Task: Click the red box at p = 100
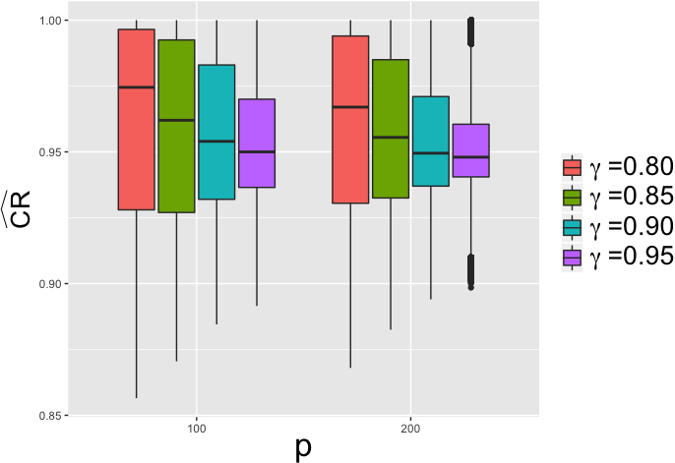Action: click(x=137, y=120)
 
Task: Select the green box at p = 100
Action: click(x=176, y=126)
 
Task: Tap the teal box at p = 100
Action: click(x=216, y=132)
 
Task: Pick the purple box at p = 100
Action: click(x=257, y=144)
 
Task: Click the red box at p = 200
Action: click(x=350, y=120)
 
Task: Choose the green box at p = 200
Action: click(x=391, y=129)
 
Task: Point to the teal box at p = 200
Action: click(x=431, y=141)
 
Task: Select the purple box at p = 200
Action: click(x=471, y=150)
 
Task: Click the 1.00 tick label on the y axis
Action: click(x=51, y=21)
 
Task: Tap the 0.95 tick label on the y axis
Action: click(x=51, y=152)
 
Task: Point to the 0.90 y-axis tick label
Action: click(x=51, y=284)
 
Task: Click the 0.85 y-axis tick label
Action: click(x=51, y=416)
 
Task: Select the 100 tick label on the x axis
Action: click(x=197, y=430)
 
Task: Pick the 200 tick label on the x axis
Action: click(x=410, y=430)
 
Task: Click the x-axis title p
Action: click(x=303, y=449)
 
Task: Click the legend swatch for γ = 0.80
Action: click(x=572, y=168)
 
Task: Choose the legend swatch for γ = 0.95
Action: click(x=572, y=258)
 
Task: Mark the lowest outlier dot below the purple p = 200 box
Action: click(x=471, y=288)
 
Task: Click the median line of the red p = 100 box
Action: click(x=137, y=87)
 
